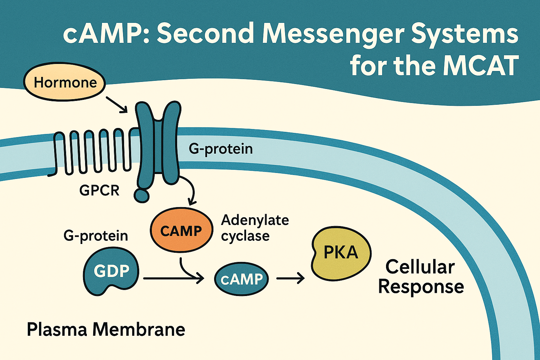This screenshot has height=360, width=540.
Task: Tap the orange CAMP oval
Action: (x=181, y=230)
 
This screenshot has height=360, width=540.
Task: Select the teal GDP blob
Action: (x=111, y=271)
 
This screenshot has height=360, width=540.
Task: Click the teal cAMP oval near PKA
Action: (x=241, y=279)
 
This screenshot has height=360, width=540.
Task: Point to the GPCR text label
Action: (x=99, y=191)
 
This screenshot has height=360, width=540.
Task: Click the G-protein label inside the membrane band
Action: (x=220, y=149)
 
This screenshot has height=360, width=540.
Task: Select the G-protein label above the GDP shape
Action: (x=96, y=236)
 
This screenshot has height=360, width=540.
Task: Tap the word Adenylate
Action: (x=255, y=220)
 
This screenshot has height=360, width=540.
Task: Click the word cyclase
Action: (x=245, y=236)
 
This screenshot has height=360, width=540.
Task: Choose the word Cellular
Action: (x=420, y=267)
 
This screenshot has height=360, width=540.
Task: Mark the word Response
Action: (x=421, y=287)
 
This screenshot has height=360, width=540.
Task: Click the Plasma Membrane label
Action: (x=106, y=330)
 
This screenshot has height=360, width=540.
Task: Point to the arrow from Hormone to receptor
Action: (x=117, y=105)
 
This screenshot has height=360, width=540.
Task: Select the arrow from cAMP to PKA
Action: (x=290, y=278)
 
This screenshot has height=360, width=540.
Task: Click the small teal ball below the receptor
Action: (x=142, y=195)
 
